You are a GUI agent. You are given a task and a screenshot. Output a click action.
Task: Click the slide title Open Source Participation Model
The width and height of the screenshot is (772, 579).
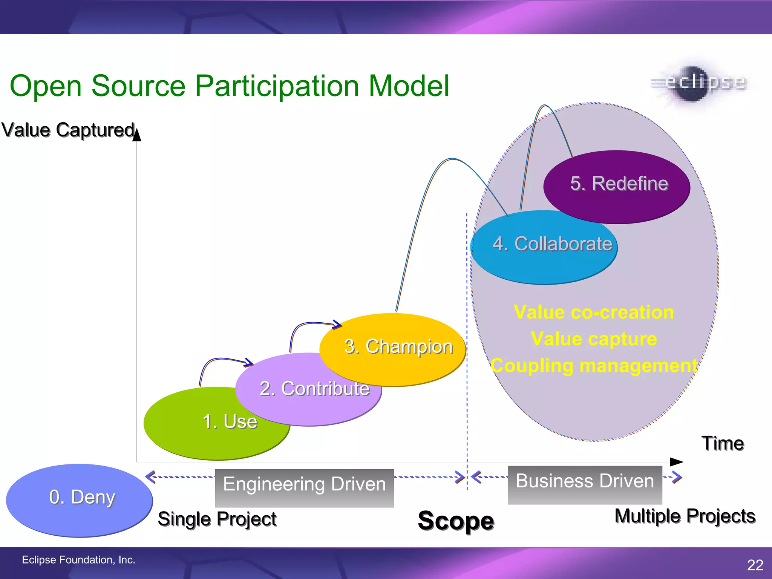point(229,86)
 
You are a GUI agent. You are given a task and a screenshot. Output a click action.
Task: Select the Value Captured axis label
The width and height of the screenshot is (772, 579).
point(68,130)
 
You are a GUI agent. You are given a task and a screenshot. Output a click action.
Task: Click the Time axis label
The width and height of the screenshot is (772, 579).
point(722,443)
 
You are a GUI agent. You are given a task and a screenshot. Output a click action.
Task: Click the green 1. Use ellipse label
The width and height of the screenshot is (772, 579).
point(230,421)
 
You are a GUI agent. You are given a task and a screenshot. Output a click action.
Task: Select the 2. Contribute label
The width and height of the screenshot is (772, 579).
point(314,389)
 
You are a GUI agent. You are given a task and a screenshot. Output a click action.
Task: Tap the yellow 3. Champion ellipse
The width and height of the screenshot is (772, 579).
point(398,347)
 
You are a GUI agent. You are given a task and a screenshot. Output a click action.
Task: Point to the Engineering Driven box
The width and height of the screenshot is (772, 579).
point(304,487)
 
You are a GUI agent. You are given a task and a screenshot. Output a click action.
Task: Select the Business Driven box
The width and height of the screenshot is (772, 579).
point(585,484)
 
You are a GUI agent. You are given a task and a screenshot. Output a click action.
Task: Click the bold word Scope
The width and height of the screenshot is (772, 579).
point(456,521)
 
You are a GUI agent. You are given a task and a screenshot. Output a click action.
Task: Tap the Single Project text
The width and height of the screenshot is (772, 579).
point(217,519)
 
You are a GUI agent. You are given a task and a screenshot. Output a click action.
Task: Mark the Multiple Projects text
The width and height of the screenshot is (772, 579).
point(685,516)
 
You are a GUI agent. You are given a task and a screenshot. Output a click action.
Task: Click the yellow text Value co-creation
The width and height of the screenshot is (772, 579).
point(594,312)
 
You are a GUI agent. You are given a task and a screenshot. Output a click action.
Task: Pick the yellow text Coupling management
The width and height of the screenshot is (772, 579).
point(594,366)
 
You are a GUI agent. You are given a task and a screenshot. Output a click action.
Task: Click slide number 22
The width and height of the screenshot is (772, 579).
point(755,565)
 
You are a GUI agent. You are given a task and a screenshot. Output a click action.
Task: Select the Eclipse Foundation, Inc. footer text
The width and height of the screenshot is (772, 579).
point(78,560)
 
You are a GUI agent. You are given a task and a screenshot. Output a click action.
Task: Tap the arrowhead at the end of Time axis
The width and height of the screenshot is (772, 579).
point(676,462)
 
